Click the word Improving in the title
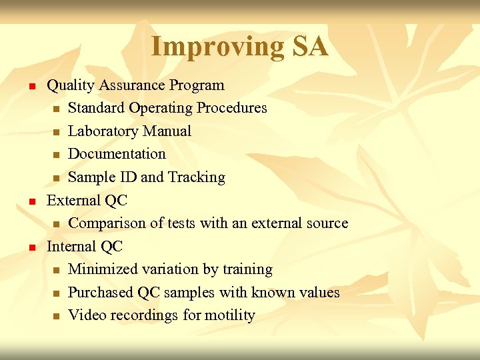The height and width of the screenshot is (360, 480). (209, 47)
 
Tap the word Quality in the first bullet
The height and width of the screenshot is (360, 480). (71, 85)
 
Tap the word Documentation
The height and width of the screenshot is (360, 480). (117, 154)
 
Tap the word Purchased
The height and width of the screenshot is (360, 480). (101, 293)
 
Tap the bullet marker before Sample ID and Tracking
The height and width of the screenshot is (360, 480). (57, 178)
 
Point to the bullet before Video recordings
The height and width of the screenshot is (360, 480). (57, 316)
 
